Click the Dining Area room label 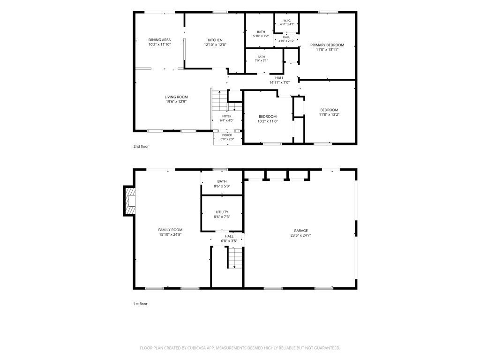tap(159, 40)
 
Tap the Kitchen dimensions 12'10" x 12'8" tap(215, 45)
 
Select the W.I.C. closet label tap(287, 21)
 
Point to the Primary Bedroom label tap(327, 45)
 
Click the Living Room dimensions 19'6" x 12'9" tap(176, 102)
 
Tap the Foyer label tap(227, 116)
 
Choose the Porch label tap(227, 135)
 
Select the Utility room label tap(222, 212)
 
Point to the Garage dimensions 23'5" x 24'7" tap(301, 235)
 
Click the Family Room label tap(170, 230)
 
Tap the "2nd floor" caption tap(141, 146)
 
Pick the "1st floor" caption tap(141, 304)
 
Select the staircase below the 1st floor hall tap(235, 258)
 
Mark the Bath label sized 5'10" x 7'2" tap(261, 32)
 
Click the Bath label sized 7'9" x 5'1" tap(261, 57)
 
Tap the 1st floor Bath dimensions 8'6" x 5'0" tap(222, 186)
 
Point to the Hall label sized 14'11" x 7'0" tap(279, 78)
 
